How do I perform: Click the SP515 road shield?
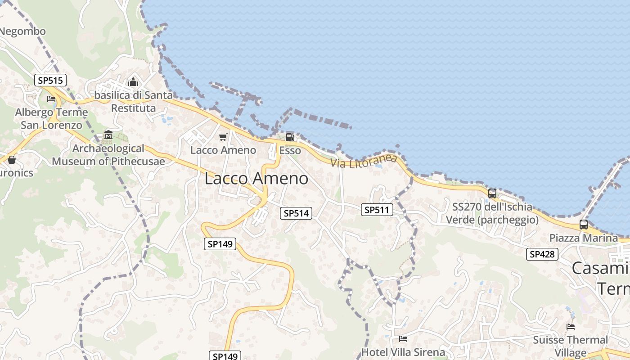tap(50, 81)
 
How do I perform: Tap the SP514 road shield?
tap(296, 213)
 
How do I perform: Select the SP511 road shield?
tap(377, 210)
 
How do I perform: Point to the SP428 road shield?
tap(542, 254)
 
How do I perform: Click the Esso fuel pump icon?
tap(290, 137)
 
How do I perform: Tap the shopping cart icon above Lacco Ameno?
tap(223, 137)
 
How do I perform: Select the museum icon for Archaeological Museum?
tap(108, 135)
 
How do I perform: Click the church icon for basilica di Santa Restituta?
tap(133, 82)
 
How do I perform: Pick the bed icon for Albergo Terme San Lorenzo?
tap(51, 99)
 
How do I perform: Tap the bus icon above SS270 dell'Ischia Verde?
tap(492, 193)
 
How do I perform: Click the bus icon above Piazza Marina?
tap(584, 224)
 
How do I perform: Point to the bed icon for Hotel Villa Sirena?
tap(403, 338)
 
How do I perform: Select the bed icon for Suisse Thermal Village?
tap(571, 326)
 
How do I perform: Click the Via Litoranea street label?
tap(364, 161)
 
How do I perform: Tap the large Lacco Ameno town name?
tap(256, 179)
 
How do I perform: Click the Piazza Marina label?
tap(584, 238)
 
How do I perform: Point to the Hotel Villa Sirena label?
tap(403, 352)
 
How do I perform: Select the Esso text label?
tap(290, 150)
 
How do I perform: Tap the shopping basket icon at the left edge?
tap(12, 160)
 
